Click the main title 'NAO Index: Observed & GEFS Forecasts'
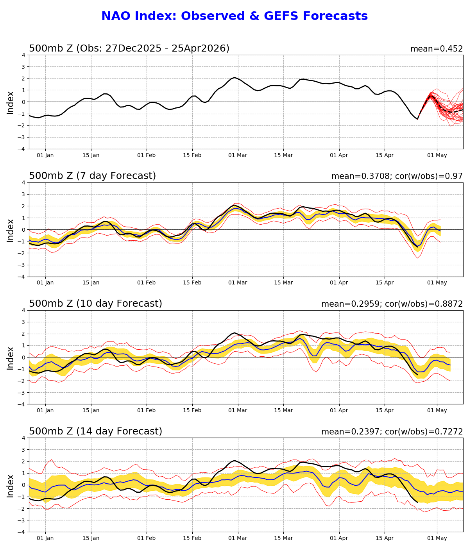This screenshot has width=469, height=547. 234,16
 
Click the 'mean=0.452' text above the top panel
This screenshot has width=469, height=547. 436,49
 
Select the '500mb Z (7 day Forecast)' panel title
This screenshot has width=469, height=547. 92,176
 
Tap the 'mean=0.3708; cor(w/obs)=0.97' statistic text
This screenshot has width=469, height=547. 397,176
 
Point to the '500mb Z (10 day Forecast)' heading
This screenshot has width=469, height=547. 95,304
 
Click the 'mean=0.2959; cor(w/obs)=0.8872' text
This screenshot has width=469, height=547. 392,304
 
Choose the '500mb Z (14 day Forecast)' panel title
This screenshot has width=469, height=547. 95,431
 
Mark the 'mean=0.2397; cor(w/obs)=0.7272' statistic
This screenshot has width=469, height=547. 392,432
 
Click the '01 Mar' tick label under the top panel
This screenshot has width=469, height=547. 238,155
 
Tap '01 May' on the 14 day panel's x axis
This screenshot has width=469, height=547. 437,538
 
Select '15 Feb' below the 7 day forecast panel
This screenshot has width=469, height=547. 192,283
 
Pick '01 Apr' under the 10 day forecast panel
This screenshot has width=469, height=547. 339,410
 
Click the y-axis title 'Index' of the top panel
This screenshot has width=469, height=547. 11,102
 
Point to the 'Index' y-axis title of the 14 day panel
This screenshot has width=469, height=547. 11,486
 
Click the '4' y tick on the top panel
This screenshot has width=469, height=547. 24,55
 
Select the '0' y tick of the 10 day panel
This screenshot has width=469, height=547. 24,358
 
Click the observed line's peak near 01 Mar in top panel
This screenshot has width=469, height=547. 234,77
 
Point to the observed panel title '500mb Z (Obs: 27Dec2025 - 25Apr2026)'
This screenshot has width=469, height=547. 129,48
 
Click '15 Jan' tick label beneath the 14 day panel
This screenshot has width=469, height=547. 91,538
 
